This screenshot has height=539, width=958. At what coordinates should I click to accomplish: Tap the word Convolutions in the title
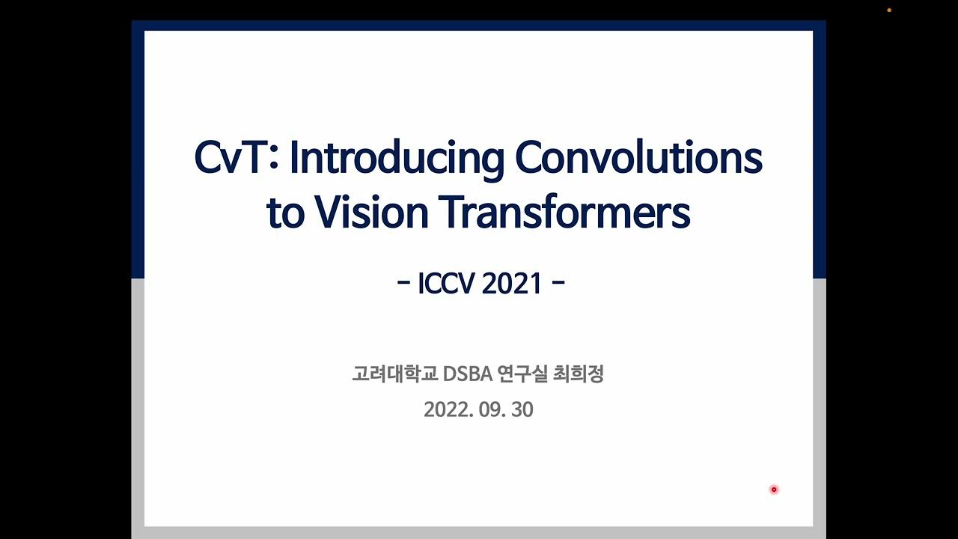638,158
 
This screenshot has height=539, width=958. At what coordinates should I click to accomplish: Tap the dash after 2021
557,284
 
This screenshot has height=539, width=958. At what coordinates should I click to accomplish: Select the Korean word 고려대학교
394,374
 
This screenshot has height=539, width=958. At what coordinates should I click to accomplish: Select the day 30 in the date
522,410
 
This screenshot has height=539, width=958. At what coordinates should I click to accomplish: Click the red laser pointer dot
774,490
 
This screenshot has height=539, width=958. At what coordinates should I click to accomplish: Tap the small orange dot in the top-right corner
889,10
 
